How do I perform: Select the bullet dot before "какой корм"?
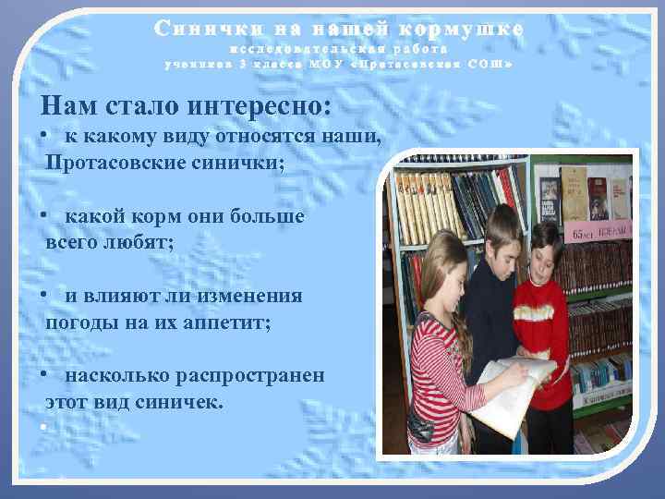click(44, 216)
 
